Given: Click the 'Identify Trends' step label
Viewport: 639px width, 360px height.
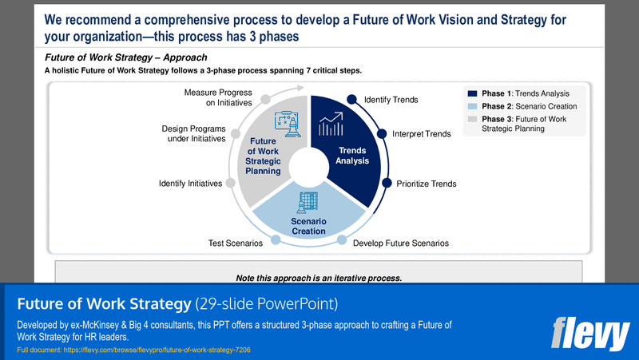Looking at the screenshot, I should [x=391, y=100].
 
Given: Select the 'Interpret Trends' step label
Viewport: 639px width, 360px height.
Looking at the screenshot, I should [x=421, y=134].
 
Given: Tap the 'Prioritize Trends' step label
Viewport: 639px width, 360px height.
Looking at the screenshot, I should [x=427, y=184].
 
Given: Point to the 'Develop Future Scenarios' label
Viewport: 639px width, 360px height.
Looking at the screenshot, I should [x=400, y=243].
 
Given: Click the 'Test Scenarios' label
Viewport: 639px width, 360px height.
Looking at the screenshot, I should [x=231, y=243].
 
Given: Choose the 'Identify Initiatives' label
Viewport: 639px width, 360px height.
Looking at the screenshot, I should [x=190, y=184].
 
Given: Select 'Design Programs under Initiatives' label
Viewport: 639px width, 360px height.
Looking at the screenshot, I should [x=193, y=133].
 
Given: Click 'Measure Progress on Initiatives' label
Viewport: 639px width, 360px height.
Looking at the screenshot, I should [x=218, y=97].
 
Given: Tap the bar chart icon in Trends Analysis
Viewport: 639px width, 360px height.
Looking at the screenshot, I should [x=331, y=125].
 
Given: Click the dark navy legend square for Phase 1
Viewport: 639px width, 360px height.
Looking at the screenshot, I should [x=473, y=93].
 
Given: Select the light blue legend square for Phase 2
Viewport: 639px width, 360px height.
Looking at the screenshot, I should [x=473, y=106].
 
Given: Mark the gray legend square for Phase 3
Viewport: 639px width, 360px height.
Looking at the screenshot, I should [x=473, y=119].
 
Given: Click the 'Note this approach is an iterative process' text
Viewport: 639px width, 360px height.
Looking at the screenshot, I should [x=319, y=278].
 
